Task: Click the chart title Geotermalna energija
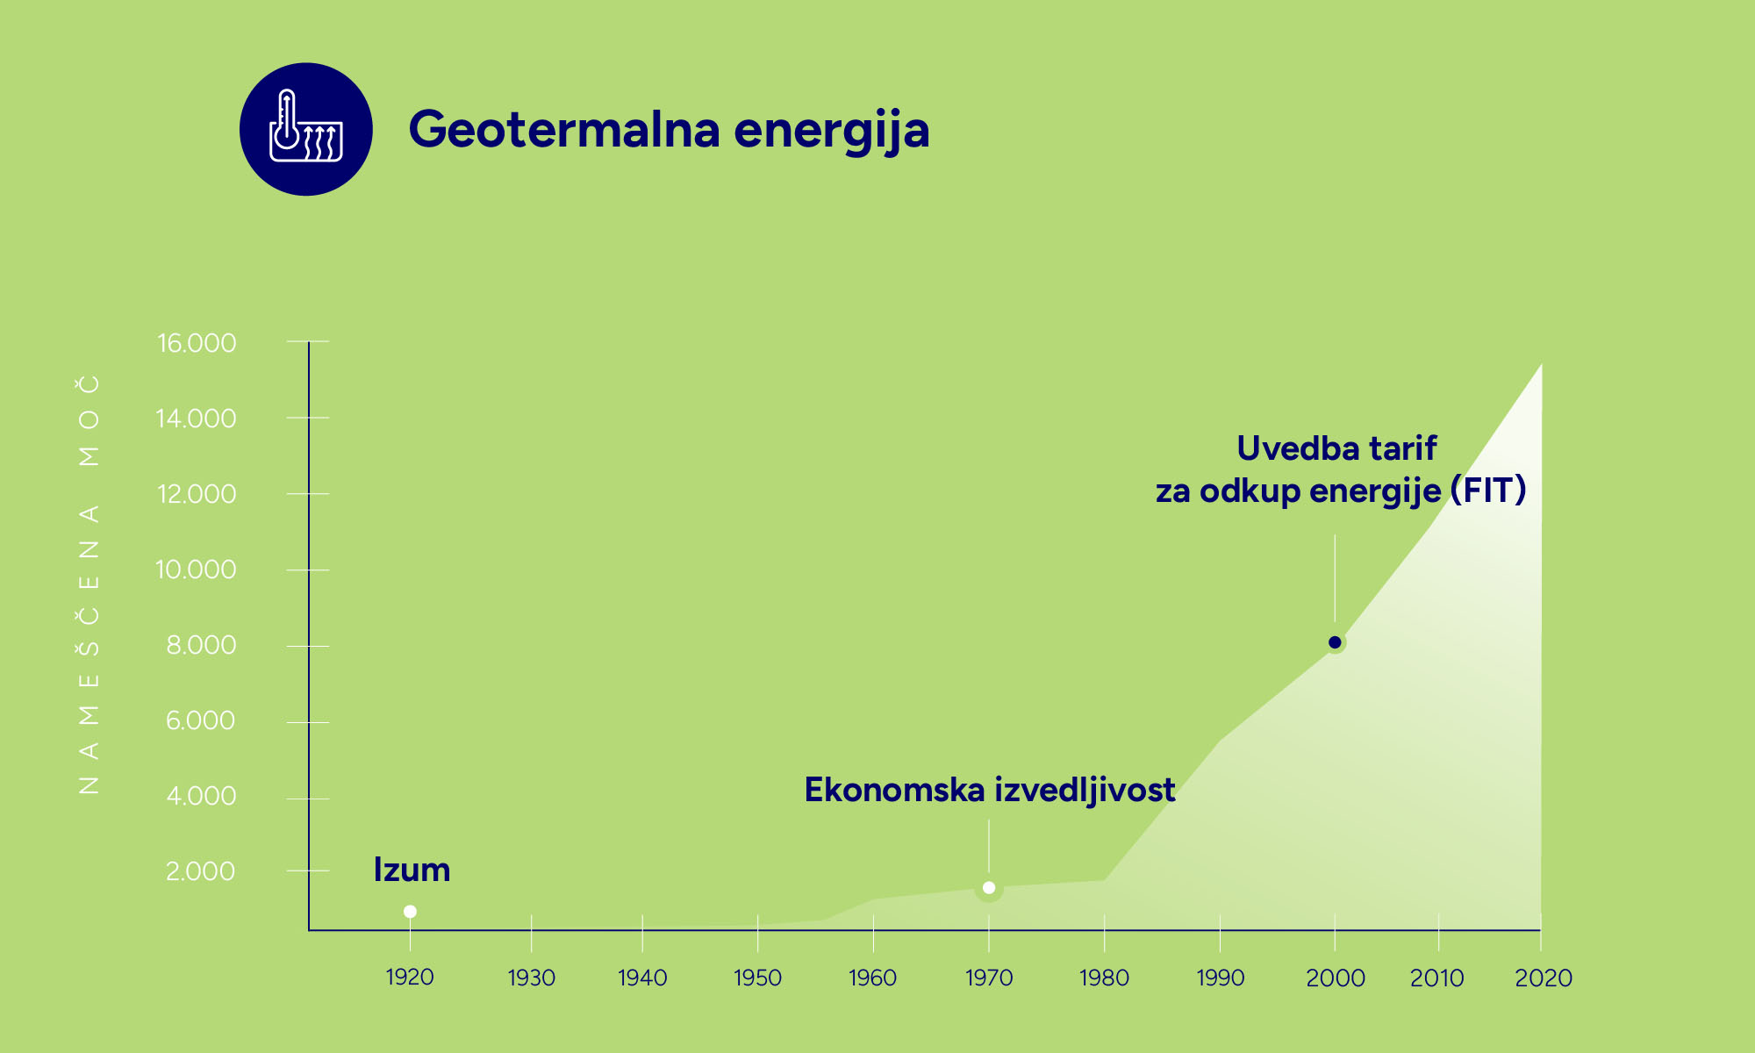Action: [x=669, y=130]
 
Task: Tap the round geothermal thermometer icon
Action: [x=306, y=129]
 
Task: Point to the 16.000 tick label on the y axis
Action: [x=197, y=342]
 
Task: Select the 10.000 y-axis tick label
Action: [x=196, y=569]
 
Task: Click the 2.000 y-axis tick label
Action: [x=200, y=871]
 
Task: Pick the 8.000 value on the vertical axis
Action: [x=201, y=645]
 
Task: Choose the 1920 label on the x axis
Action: [x=410, y=977]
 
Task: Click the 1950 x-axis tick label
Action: [x=757, y=977]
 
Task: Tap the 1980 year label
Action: [x=1104, y=977]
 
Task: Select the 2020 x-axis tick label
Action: [x=1544, y=978]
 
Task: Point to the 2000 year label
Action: [x=1336, y=978]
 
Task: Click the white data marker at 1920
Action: [x=410, y=912]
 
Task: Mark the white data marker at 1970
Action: [x=989, y=888]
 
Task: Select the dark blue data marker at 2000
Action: [x=1335, y=642]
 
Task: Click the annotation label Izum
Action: [x=412, y=870]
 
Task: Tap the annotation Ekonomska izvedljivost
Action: [x=990, y=791]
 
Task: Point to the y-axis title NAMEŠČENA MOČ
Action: [x=89, y=584]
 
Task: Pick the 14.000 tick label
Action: [x=197, y=419]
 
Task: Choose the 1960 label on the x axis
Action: [x=872, y=977]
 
